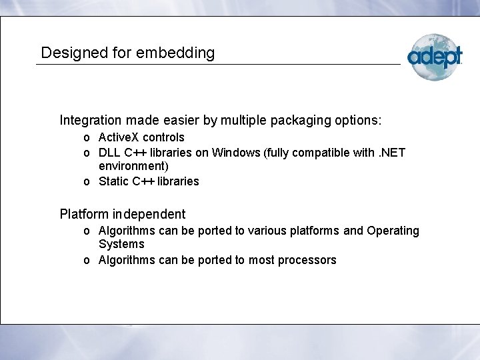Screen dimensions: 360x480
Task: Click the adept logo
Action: tap(434, 57)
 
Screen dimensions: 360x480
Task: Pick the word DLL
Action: tap(110, 153)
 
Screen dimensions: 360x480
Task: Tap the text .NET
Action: tap(389, 153)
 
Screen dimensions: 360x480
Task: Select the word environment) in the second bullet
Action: tap(133, 166)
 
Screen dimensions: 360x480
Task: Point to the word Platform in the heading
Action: tap(84, 215)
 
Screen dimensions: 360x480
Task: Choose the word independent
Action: tap(149, 215)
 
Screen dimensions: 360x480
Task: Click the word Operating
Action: tap(391, 231)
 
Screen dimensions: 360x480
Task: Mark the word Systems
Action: tap(121, 244)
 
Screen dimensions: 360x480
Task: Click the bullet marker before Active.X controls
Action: tap(87, 138)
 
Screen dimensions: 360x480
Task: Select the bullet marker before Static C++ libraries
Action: tap(87, 182)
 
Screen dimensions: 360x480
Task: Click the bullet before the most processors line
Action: tap(87, 261)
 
